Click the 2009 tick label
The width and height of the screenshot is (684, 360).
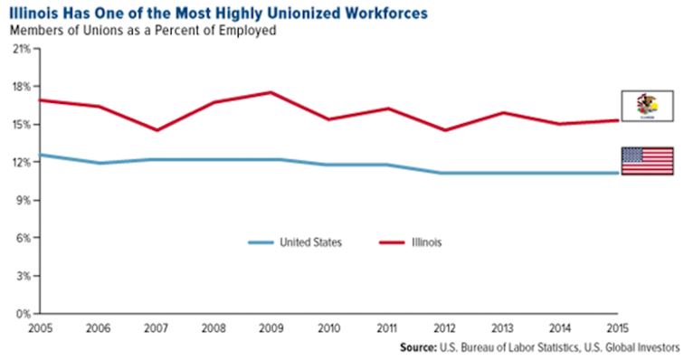pyautogui.click(x=271, y=327)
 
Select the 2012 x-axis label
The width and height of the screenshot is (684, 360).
pyautogui.click(x=444, y=327)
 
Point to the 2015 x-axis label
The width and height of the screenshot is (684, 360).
pyautogui.click(x=616, y=327)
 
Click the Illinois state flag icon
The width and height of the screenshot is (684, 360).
pyautogui.click(x=646, y=105)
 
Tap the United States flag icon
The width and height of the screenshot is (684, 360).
pyautogui.click(x=646, y=160)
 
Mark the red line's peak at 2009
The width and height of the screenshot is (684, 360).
pyautogui.click(x=271, y=92)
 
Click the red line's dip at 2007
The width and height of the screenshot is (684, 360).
pyautogui.click(x=157, y=130)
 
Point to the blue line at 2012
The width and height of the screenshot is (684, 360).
pyautogui.click(x=444, y=173)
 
